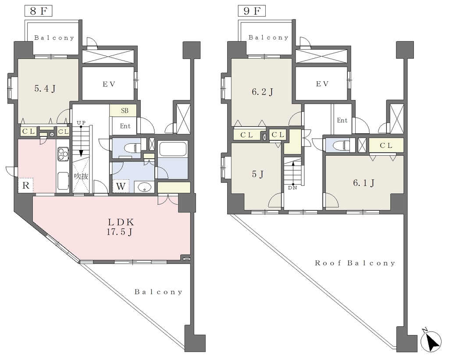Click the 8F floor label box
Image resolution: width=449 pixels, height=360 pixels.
point(38,11)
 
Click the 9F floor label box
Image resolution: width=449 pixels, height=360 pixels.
point(252,11)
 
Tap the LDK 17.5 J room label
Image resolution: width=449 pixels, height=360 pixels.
point(120,227)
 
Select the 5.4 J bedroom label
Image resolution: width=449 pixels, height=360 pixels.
point(45,89)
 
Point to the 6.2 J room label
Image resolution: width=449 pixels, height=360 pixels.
point(262,92)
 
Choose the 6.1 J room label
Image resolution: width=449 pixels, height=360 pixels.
point(363,182)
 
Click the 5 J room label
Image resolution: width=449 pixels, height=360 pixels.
point(258,174)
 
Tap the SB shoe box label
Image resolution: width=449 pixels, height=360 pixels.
point(125,110)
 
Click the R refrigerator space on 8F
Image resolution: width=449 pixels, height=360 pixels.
point(26,185)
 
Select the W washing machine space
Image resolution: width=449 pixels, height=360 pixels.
point(121,186)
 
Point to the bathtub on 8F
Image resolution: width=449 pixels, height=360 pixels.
point(173,149)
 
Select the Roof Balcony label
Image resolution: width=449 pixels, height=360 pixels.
point(355,263)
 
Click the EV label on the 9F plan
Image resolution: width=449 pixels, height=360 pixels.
point(322,84)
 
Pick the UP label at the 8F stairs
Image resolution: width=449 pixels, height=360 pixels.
point(81,123)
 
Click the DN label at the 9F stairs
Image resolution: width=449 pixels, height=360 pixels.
point(292,188)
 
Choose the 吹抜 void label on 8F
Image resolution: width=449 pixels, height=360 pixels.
point(81,176)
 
